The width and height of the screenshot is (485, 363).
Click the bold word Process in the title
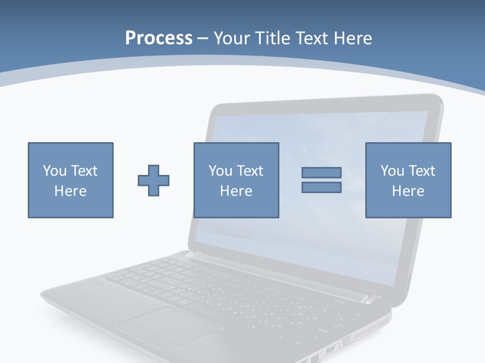[159, 38]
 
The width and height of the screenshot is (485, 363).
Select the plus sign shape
[154, 180]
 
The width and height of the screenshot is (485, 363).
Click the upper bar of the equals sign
[321, 172]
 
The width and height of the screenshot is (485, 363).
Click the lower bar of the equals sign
[321, 187]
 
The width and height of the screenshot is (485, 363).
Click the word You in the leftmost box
[54, 170]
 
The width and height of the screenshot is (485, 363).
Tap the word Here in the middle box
[236, 191]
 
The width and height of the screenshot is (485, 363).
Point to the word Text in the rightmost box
[422, 170]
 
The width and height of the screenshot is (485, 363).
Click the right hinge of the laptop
[371, 299]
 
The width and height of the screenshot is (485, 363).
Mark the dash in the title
[203, 38]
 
